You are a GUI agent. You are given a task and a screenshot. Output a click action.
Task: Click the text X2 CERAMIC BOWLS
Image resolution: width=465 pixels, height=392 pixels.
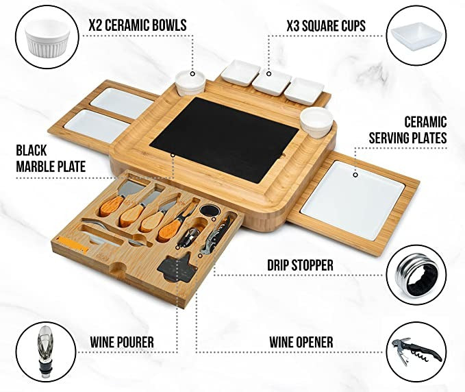click(x=137, y=26)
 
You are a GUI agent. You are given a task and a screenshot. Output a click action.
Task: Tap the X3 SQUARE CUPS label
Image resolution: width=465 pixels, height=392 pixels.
click(x=325, y=26)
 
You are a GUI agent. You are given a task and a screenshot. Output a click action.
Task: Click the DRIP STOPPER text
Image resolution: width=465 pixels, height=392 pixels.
click(x=300, y=265)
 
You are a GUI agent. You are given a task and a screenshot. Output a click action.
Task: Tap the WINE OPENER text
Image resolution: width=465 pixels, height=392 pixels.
click(x=299, y=341)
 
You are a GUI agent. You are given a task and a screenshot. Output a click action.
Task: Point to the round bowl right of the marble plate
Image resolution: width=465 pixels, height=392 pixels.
click(x=316, y=121)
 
